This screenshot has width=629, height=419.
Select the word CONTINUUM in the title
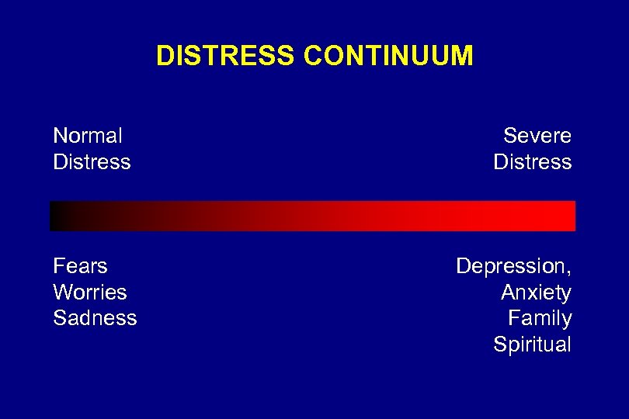click(x=388, y=56)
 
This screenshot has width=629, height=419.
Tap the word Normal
click(x=87, y=136)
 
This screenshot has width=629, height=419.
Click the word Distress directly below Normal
click(x=92, y=162)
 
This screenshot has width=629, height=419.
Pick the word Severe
click(x=537, y=136)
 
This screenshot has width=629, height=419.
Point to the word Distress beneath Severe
click(x=533, y=162)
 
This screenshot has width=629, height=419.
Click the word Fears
click(x=80, y=266)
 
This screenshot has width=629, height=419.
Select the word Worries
click(x=89, y=293)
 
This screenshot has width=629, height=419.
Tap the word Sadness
click(x=95, y=318)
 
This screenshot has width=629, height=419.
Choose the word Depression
click(x=511, y=266)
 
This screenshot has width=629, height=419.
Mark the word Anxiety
click(x=537, y=293)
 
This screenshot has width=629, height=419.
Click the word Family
click(x=540, y=318)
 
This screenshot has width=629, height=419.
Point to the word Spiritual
click(x=533, y=345)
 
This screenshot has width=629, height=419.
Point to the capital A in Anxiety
click(x=509, y=293)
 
